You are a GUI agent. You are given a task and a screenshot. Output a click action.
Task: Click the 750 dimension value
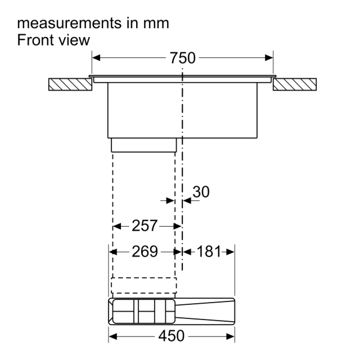(x=182, y=58)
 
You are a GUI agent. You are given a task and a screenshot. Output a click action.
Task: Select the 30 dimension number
(x=201, y=192)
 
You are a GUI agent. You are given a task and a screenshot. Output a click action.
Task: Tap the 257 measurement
(x=145, y=226)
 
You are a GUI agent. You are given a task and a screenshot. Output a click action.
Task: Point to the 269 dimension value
(x=145, y=251)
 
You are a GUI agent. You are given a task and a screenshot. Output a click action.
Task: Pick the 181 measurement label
(x=209, y=251)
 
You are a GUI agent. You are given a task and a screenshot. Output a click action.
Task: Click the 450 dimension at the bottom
(x=171, y=336)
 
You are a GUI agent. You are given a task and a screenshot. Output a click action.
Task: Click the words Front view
(x=53, y=40)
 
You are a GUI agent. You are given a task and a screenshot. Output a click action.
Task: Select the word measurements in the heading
(x=69, y=23)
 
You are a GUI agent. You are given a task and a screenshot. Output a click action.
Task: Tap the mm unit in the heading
(x=156, y=24)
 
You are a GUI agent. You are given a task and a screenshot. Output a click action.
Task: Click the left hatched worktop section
(x=70, y=84)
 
